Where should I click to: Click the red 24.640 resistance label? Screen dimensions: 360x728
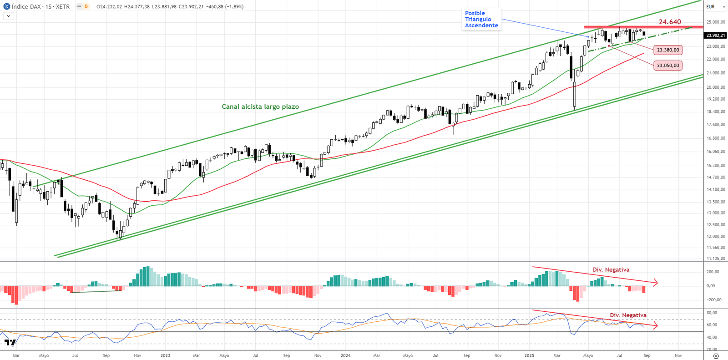coord(670,22)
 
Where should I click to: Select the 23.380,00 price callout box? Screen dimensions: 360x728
coord(667,50)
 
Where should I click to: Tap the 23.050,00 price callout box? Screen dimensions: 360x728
coord(667,66)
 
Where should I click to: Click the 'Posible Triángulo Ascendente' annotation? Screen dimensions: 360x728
coord(481,20)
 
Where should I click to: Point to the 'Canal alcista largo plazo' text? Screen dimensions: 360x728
coord(260,106)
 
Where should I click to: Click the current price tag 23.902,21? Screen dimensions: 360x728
coord(716,35)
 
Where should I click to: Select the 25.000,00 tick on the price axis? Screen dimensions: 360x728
coord(716,22)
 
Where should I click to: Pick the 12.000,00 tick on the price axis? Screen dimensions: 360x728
coord(716,236)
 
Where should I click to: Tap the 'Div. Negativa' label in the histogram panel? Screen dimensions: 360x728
coord(611,270)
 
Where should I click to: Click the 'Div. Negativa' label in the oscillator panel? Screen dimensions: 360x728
coord(628,315)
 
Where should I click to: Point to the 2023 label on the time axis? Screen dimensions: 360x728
coord(165,355)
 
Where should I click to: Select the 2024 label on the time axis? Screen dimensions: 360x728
coord(345,355)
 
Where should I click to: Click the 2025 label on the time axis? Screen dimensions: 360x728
coord(529,355)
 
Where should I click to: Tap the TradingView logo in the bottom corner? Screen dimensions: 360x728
coord(10,342)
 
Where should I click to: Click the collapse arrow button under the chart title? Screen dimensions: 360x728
coord(8,16)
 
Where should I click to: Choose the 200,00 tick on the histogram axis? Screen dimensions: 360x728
coord(713,272)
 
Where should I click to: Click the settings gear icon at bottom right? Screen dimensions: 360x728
coord(716,356)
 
